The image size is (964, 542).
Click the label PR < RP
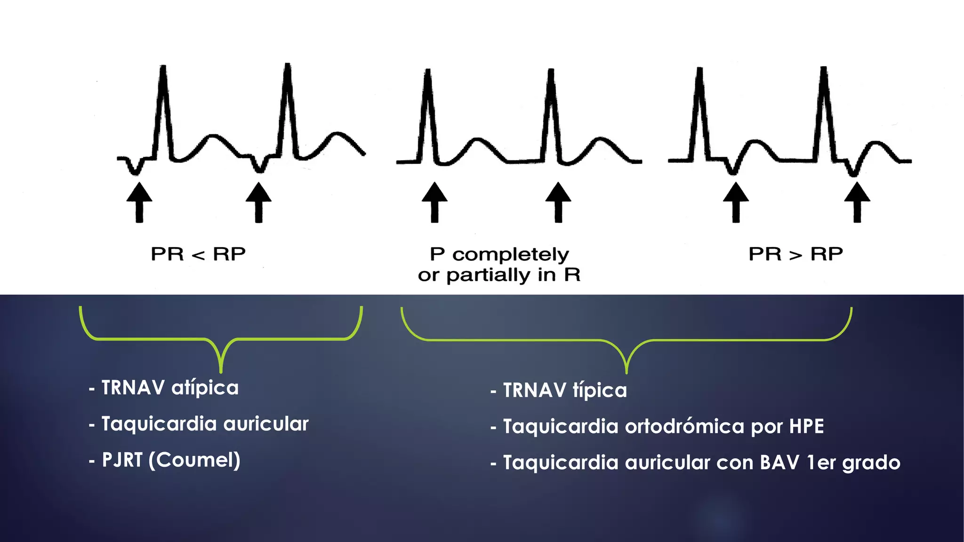pos(198,254)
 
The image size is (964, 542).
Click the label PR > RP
pos(796,254)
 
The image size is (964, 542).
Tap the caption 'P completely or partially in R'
pos(499,265)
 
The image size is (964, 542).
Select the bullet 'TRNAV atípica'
pos(164,388)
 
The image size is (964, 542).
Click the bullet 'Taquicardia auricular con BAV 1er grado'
pos(695,463)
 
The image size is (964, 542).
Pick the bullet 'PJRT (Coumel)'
pos(165,460)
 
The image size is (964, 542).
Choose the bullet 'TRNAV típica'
pos(559,391)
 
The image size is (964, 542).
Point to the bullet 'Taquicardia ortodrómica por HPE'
pos(657,426)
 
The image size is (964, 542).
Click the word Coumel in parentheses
pos(194,460)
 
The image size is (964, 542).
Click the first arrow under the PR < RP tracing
pos(139,202)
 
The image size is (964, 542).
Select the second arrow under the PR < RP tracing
pos(258,202)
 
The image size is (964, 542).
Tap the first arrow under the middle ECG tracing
pos(434,202)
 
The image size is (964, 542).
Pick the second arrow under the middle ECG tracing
pos(558,202)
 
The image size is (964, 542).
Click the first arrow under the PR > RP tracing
pos(736,202)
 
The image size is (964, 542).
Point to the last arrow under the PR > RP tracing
pos(857,202)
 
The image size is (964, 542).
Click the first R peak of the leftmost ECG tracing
pos(163,67)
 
